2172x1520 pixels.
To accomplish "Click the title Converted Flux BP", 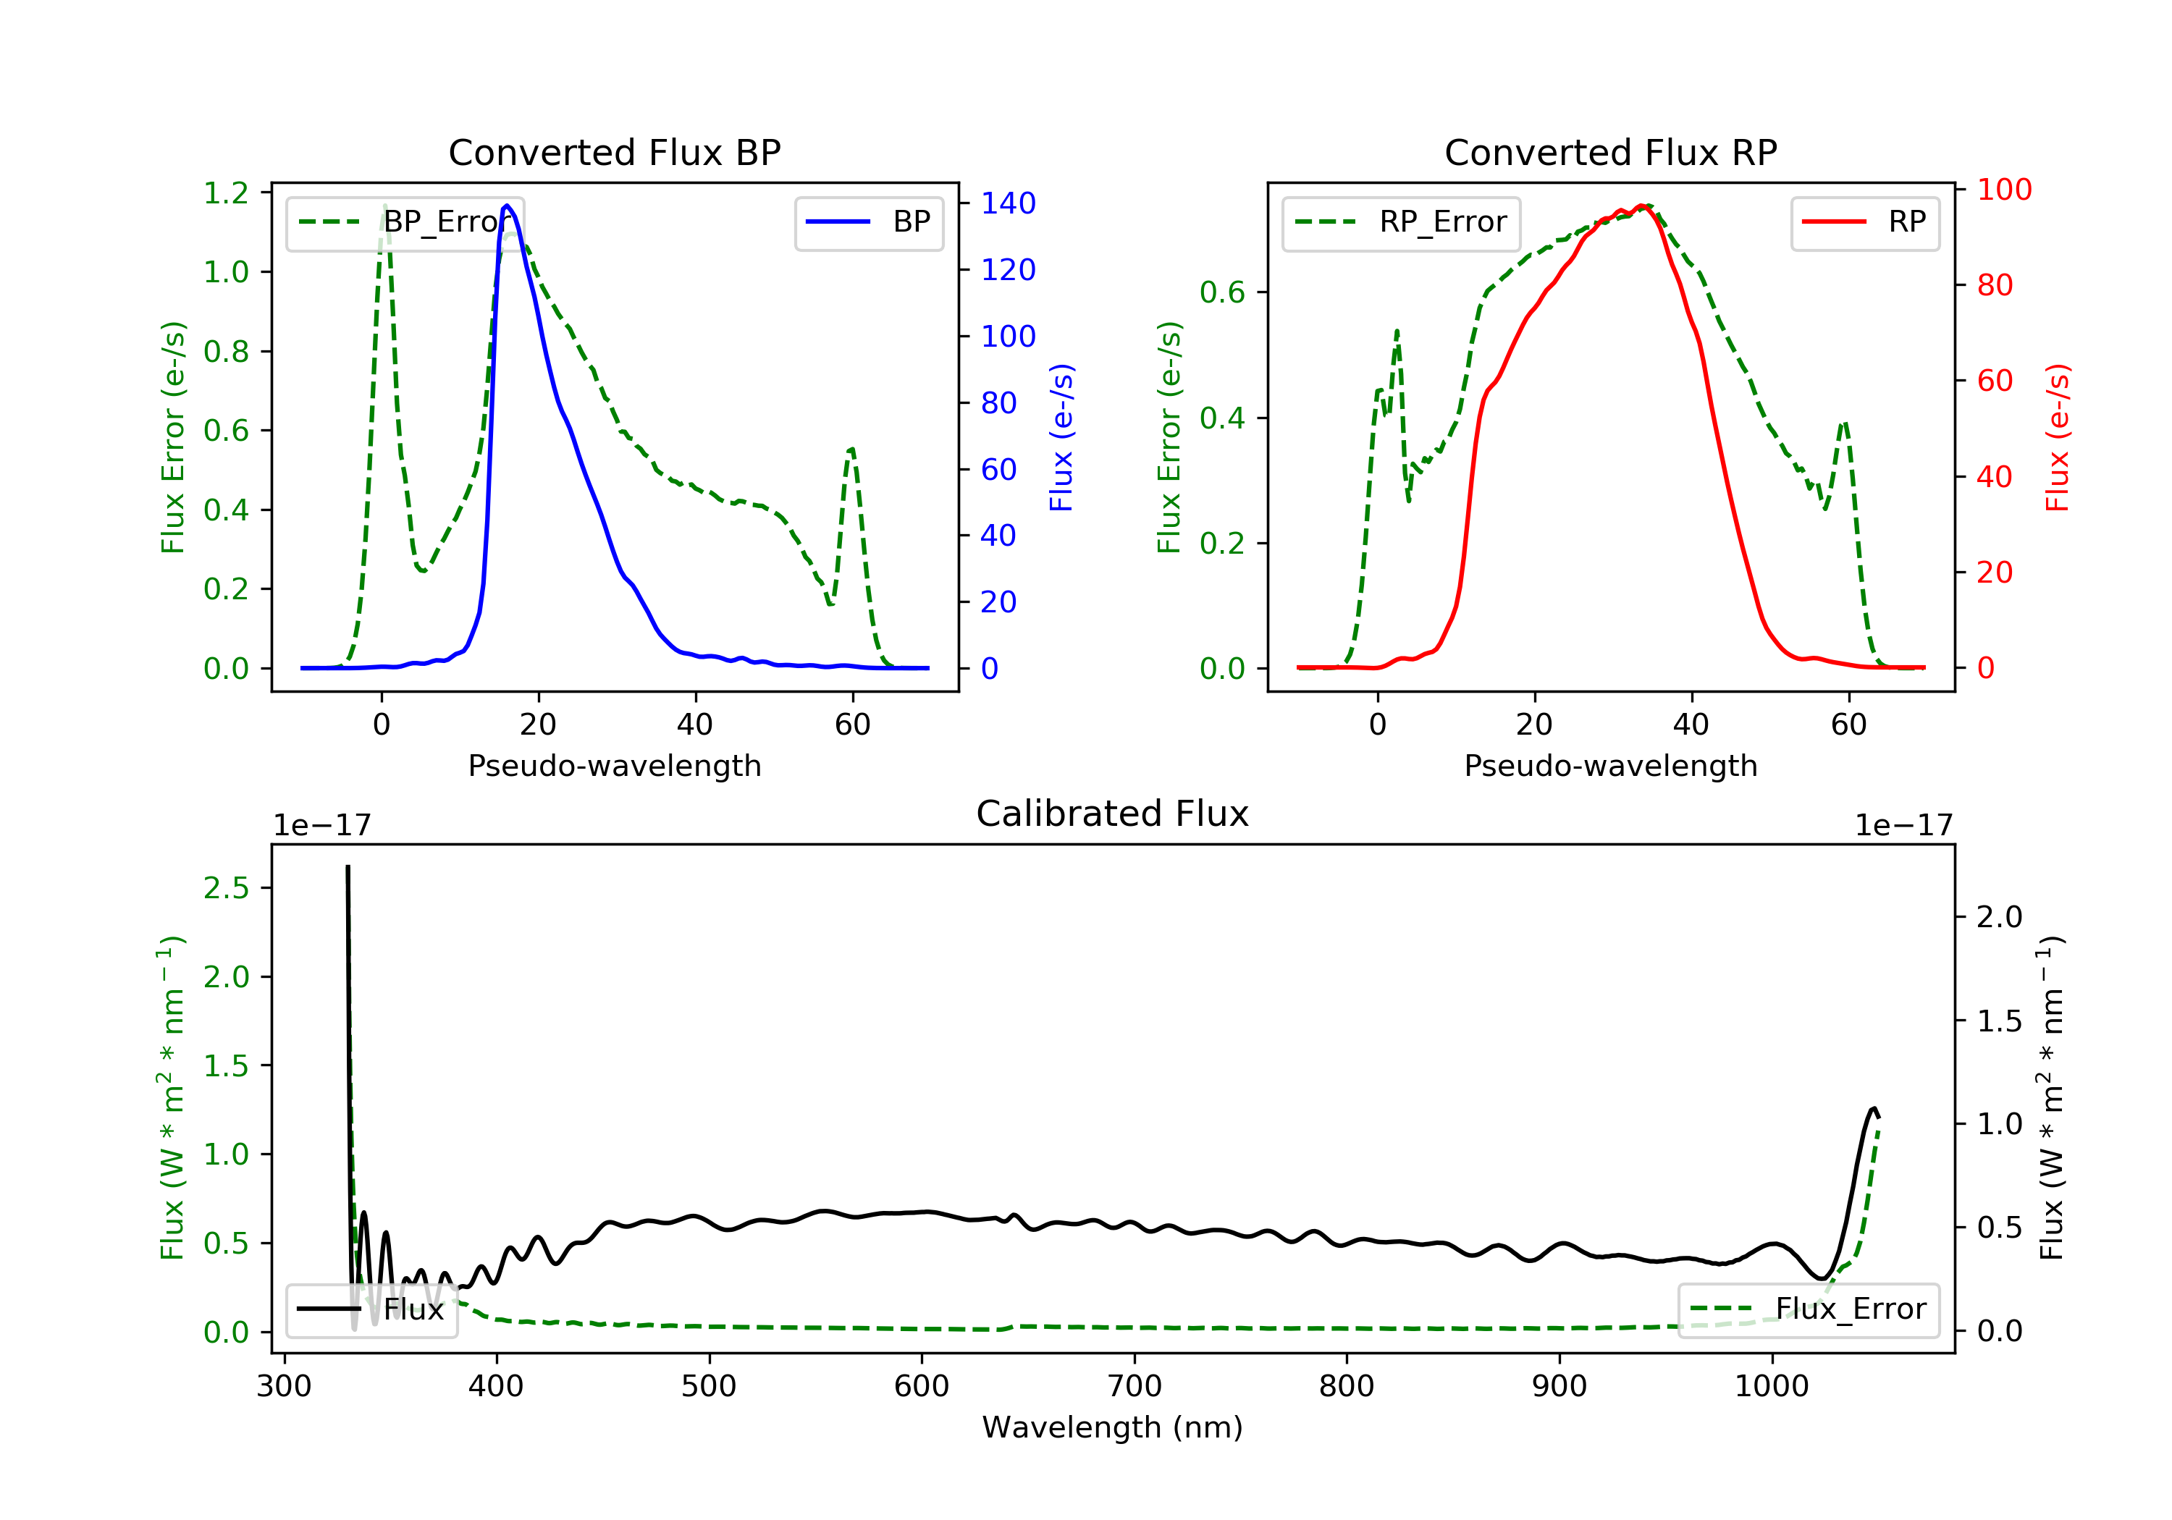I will tap(614, 152).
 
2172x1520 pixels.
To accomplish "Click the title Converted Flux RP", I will tap(1610, 152).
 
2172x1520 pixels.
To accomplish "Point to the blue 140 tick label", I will tap(1008, 203).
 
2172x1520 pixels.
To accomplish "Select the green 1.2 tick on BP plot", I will tap(226, 193).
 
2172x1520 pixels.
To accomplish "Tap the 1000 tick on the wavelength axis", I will tap(1771, 1387).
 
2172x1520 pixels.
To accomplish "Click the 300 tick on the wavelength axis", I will tap(284, 1387).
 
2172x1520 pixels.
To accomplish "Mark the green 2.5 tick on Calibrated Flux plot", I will tap(226, 888).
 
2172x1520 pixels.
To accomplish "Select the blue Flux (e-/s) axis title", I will tap(1061, 437).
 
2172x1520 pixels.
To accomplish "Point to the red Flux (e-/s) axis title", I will tap(2058, 437).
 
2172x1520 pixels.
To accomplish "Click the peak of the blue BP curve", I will tap(507, 206).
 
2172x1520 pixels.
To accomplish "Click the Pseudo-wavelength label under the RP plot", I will tap(1610, 765).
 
